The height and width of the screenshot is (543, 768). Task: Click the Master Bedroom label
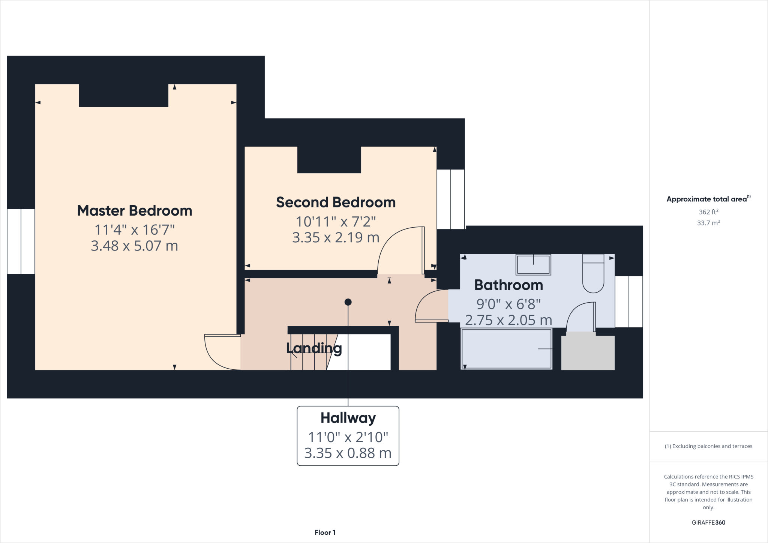click(134, 211)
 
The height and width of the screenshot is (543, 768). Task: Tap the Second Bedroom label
click(336, 202)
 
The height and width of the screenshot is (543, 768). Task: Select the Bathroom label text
click(508, 285)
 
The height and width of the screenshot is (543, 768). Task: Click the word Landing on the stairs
click(314, 348)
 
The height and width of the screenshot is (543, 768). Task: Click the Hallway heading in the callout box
click(348, 418)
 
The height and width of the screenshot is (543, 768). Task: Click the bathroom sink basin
click(533, 265)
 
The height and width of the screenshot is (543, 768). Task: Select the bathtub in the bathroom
click(506, 349)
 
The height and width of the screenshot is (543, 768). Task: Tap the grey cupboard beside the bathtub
click(588, 353)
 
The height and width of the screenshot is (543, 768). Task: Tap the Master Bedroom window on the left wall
click(21, 241)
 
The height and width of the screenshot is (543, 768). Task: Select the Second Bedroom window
click(451, 199)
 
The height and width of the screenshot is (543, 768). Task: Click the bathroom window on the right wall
click(629, 302)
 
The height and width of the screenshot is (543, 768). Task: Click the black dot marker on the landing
click(348, 302)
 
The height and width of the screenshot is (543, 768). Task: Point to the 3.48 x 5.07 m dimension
click(134, 246)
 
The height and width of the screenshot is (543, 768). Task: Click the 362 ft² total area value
click(708, 212)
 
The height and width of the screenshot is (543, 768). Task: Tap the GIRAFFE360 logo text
click(708, 522)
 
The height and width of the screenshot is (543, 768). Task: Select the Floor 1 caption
click(325, 532)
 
